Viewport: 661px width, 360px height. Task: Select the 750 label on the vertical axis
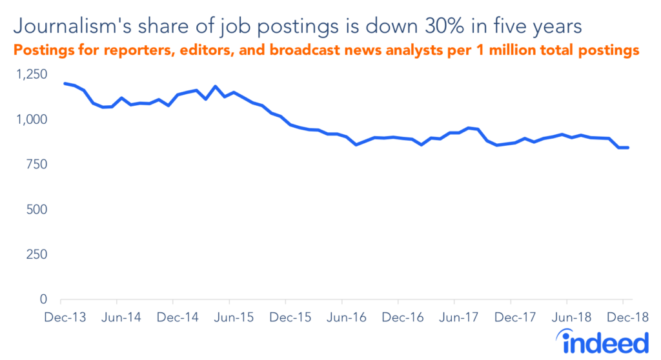(x=36, y=165)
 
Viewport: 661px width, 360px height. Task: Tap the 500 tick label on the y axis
(x=36, y=210)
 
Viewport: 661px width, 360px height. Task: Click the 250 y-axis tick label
(x=36, y=255)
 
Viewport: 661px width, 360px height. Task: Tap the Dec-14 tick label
(x=172, y=317)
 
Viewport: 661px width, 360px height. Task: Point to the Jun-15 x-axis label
(x=229, y=317)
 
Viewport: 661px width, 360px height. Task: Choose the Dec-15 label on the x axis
(x=285, y=317)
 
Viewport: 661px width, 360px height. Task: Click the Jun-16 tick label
(x=341, y=317)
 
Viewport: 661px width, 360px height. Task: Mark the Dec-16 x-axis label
(x=398, y=317)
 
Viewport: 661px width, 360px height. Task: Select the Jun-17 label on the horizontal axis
(x=454, y=317)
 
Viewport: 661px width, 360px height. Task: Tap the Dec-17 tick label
(x=511, y=317)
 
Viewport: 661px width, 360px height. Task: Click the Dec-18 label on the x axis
(x=623, y=317)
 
